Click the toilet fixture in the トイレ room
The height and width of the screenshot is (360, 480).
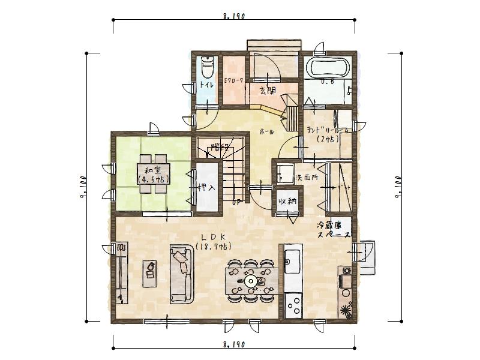pyautogui.click(x=206, y=63)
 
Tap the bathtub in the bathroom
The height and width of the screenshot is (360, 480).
pyautogui.click(x=327, y=67)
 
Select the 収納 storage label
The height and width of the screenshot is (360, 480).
pyautogui.click(x=287, y=201)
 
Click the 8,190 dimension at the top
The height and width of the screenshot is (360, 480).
pyautogui.click(x=233, y=17)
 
